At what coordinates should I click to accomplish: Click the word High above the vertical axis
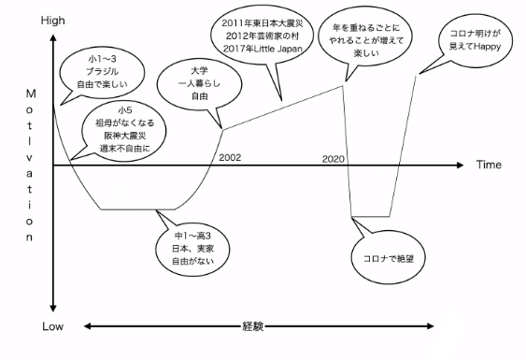[x=53, y=21]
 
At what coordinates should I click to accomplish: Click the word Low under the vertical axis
[x=52, y=326]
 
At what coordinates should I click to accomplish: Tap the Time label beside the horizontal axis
[x=489, y=165]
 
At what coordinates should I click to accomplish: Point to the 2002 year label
[x=230, y=157]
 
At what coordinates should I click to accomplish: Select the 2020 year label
[x=334, y=159]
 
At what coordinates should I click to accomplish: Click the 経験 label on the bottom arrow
[x=253, y=326]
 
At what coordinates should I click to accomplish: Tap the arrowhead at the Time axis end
[x=460, y=165]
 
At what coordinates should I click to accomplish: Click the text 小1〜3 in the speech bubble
[x=103, y=59]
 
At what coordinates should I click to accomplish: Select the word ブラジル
[x=103, y=71]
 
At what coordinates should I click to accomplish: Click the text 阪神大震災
[x=125, y=136]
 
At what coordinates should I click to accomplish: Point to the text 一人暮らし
[x=199, y=83]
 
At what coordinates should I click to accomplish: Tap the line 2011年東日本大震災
[x=263, y=23]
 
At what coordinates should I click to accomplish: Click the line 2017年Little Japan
[x=263, y=49]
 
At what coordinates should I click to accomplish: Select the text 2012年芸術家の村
[x=262, y=36]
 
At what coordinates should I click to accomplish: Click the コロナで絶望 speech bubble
[x=388, y=258]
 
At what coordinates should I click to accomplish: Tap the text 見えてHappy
[x=475, y=47]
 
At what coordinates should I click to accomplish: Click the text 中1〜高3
[x=192, y=236]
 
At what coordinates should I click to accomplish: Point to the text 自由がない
[x=192, y=261]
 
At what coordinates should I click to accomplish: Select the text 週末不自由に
[x=125, y=148]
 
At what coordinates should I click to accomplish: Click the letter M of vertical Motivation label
[x=31, y=94]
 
